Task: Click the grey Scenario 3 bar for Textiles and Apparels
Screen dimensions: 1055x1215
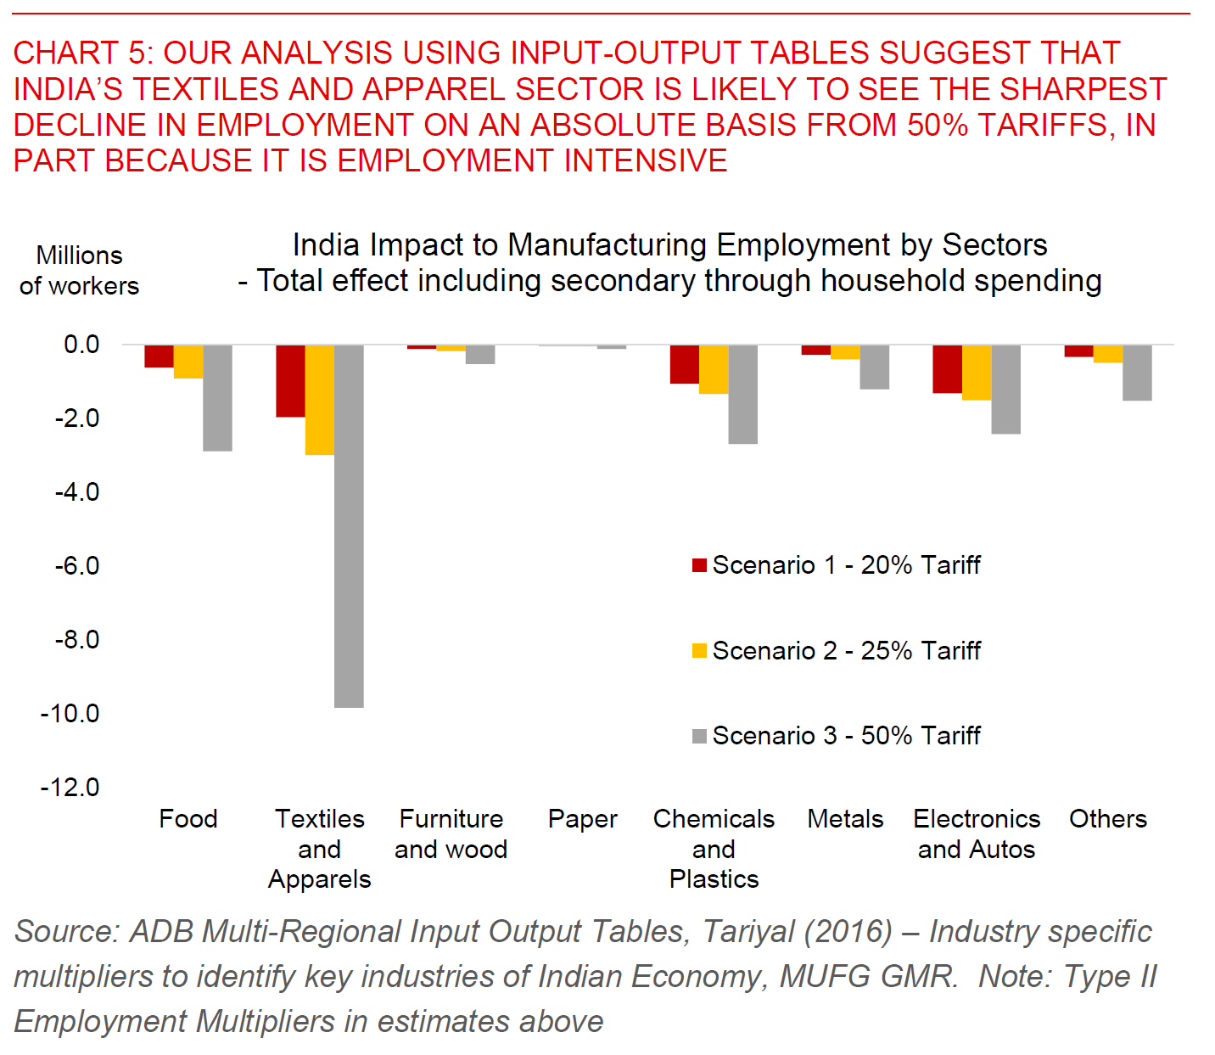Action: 349,525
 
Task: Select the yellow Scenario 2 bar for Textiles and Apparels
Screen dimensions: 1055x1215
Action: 319,400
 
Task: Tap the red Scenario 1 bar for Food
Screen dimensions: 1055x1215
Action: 159,356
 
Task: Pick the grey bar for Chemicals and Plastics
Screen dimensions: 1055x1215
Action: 742,394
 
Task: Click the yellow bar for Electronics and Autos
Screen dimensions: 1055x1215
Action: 976,372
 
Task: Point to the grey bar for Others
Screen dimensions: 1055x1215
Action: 1137,372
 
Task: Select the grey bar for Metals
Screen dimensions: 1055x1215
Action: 874,367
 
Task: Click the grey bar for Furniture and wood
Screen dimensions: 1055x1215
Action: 480,354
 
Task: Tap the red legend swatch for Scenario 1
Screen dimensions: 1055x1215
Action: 700,565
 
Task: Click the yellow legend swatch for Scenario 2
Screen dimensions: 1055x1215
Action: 700,651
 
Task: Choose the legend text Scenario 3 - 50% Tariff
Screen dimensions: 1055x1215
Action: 846,736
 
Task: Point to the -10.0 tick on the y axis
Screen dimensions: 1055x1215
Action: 70,714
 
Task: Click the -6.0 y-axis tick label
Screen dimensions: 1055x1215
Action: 77,566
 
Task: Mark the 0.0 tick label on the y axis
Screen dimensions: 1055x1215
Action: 81,345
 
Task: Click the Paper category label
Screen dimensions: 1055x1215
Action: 582,819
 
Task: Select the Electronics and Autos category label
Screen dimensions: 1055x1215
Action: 976,833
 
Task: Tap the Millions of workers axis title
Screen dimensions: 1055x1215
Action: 79,271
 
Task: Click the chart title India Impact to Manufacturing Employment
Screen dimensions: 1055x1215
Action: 669,245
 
